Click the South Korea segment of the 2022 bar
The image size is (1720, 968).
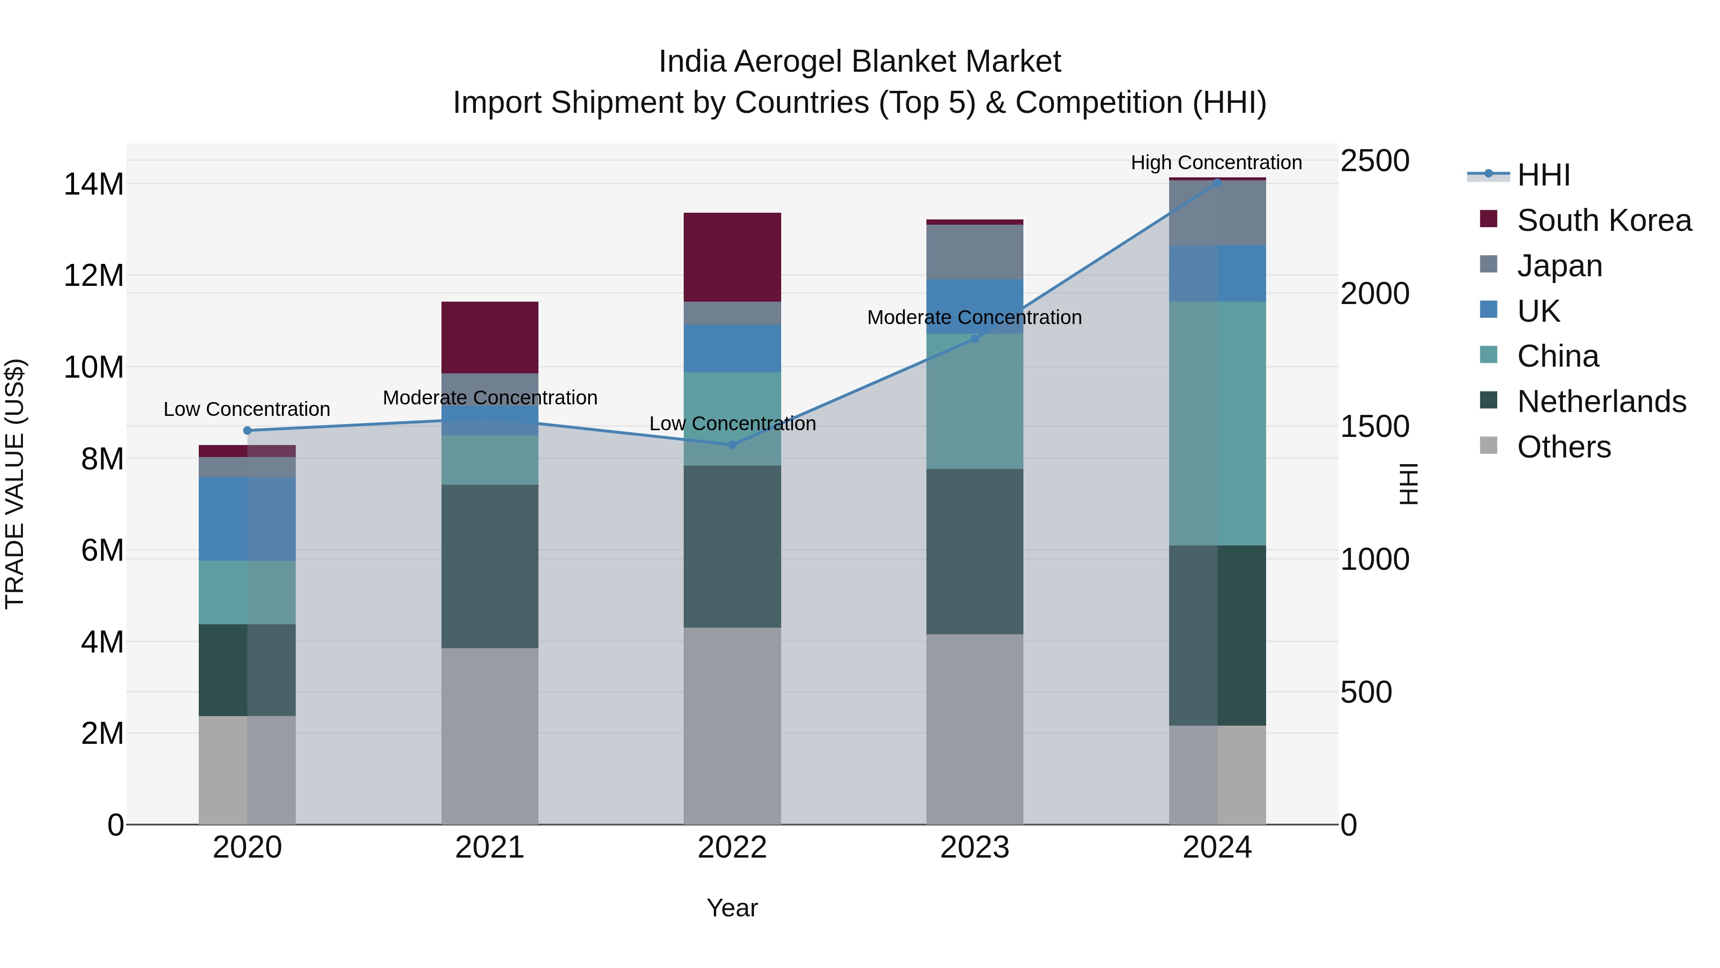(x=732, y=257)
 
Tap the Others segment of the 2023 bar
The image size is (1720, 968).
(x=974, y=729)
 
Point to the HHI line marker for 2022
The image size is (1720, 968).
(x=732, y=444)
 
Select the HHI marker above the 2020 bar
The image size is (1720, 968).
(x=247, y=430)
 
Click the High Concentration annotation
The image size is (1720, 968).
(x=1216, y=163)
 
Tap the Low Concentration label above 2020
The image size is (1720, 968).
(x=247, y=409)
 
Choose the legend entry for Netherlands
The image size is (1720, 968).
(x=1601, y=402)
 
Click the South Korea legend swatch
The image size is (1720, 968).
(x=1488, y=219)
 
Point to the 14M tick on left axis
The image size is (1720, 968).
(x=94, y=184)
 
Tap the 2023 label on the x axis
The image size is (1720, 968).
(x=974, y=848)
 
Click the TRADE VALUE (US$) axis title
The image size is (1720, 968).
(x=15, y=484)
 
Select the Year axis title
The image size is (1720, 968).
(x=732, y=908)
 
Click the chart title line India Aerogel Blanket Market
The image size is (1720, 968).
(x=860, y=62)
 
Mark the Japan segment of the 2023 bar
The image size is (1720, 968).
(x=974, y=252)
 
